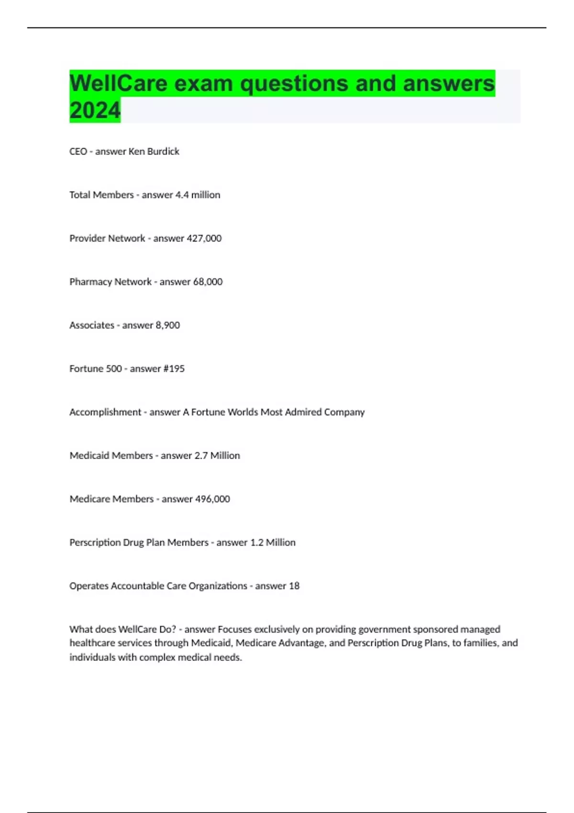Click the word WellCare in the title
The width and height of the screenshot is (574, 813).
pos(118,83)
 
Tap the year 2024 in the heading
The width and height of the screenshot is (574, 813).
pos(95,110)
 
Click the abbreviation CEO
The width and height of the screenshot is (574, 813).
pos(78,152)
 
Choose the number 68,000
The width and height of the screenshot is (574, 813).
pos(207,282)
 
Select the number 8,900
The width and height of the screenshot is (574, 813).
pos(167,325)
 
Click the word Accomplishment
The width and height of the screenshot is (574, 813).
pos(105,412)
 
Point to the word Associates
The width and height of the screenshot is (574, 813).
pos(92,325)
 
